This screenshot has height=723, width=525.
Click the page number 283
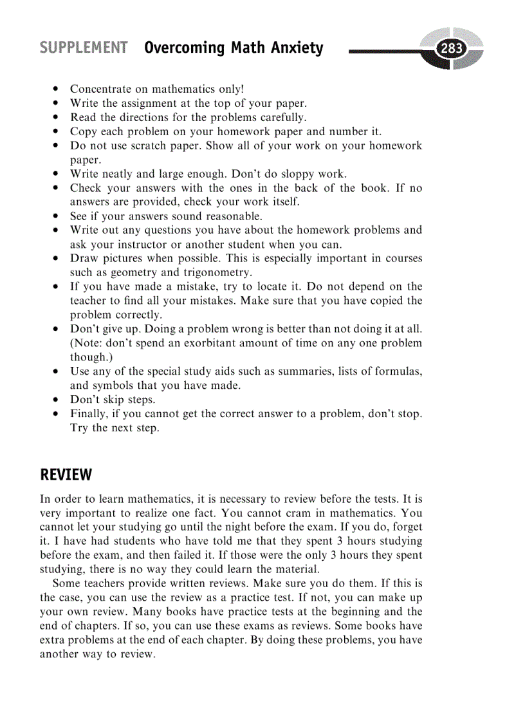451,48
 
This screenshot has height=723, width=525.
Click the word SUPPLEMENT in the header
84,48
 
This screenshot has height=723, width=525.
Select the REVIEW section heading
66,475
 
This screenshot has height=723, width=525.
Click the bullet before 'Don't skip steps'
57,400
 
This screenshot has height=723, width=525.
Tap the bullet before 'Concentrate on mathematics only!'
57,89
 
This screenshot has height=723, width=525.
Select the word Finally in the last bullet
90,414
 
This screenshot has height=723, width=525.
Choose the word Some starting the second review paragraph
68,583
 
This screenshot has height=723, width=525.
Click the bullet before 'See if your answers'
57,216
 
